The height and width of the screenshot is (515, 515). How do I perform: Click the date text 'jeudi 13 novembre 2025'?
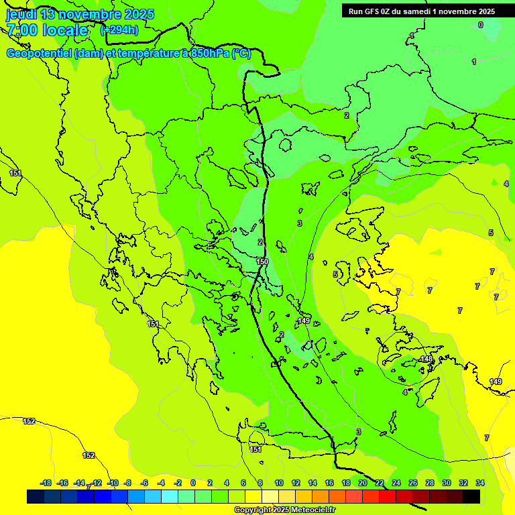click(80, 14)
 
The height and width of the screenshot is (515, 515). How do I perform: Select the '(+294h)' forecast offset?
click(119, 30)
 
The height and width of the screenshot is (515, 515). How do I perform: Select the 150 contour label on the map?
click(262, 262)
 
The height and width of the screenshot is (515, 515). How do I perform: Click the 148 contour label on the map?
click(426, 360)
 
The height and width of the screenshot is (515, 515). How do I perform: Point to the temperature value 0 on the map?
click(480, 25)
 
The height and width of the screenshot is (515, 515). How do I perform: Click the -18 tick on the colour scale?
click(46, 483)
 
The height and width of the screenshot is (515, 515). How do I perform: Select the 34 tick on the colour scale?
click(480, 483)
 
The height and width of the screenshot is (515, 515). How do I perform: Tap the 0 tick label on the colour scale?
click(193, 483)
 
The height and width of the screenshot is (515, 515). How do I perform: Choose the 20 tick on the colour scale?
click(362, 483)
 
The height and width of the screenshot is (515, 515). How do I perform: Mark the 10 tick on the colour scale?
click(279, 483)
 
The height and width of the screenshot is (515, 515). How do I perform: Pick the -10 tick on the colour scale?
click(113, 483)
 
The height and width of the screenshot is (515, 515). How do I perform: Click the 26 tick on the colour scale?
click(412, 483)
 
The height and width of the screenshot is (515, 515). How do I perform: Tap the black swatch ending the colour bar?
click(471, 496)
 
